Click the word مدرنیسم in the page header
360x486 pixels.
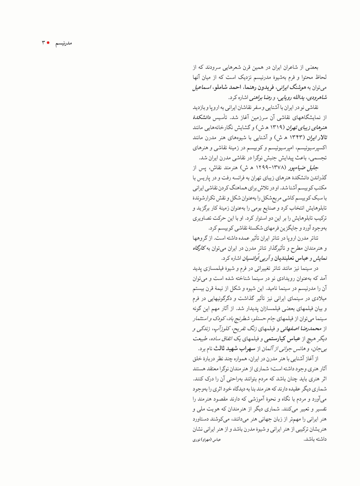coord(63,43)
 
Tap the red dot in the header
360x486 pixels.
coord(48,43)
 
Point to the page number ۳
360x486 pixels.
coord(43,43)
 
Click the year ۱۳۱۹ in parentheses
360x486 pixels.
coord(276,127)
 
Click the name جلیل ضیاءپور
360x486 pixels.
coord(306,167)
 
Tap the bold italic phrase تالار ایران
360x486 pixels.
coord(316,137)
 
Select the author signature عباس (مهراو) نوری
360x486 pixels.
coord(207,440)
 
